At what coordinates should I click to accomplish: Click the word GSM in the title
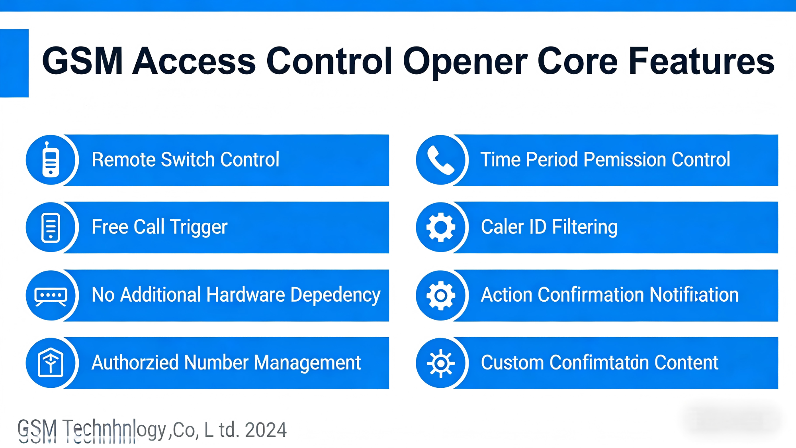click(x=82, y=61)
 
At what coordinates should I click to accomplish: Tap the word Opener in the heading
click(x=465, y=62)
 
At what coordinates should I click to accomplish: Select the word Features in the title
click(x=702, y=61)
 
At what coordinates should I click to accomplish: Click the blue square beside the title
click(x=14, y=63)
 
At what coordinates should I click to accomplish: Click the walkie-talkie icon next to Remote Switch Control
click(x=51, y=160)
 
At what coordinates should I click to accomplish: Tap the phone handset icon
click(x=440, y=160)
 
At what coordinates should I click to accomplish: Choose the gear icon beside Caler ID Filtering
click(x=440, y=227)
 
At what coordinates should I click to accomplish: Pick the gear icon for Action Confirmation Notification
click(x=440, y=295)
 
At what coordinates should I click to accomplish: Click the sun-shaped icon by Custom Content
click(x=440, y=363)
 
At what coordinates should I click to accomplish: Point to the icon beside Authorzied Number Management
click(x=51, y=363)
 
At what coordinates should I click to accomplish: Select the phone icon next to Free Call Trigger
click(x=51, y=228)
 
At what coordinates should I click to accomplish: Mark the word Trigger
click(x=199, y=228)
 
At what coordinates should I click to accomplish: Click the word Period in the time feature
click(x=552, y=159)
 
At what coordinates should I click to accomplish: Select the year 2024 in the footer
click(x=266, y=430)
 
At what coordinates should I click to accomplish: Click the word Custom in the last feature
click(x=512, y=363)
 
